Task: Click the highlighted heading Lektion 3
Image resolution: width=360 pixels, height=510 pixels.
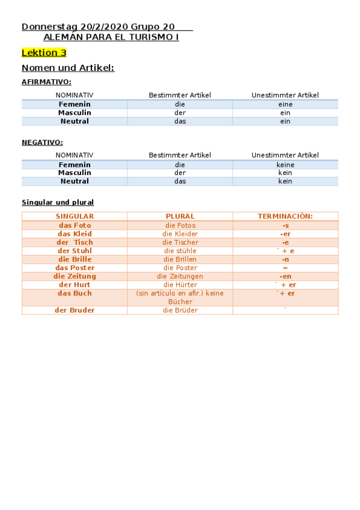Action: tap(44, 53)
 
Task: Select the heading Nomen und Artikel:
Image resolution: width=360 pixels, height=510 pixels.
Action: tap(68, 68)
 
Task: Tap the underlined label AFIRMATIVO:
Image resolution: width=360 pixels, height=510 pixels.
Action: tap(46, 81)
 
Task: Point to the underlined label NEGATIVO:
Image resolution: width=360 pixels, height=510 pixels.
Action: tap(42, 143)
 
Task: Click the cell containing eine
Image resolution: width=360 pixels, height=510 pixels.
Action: tap(285, 104)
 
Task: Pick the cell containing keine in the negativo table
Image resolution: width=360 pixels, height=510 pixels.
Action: tap(285, 164)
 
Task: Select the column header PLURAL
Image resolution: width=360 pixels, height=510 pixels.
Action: tap(180, 217)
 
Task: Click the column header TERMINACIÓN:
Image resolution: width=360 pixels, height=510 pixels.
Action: tap(285, 217)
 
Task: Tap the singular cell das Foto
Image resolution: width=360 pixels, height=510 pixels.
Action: tap(75, 226)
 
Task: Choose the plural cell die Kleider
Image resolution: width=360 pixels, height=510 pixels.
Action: tap(180, 234)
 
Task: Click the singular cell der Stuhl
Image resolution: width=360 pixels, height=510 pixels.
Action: tap(75, 251)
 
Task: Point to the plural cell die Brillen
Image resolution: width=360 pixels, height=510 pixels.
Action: tap(180, 259)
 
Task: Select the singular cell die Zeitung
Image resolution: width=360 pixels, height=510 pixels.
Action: tap(75, 276)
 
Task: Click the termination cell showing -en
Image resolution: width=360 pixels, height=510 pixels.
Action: tap(285, 276)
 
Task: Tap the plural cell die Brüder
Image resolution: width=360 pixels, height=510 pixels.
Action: tap(180, 310)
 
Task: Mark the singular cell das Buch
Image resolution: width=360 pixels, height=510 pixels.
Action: tap(75, 293)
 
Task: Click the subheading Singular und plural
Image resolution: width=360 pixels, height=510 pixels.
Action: tap(58, 203)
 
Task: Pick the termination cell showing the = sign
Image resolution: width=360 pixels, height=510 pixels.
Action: tap(285, 268)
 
